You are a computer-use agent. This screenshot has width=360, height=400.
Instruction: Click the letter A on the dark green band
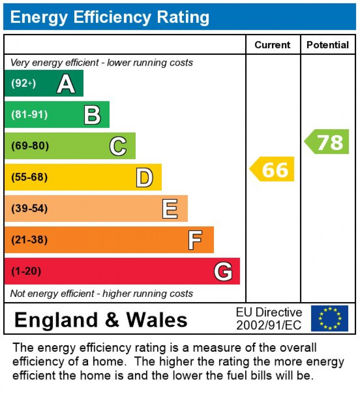66,84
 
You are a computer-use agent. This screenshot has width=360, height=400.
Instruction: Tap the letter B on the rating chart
92,115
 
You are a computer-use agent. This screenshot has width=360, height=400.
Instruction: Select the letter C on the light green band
118,146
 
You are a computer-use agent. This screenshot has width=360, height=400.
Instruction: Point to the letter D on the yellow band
144,178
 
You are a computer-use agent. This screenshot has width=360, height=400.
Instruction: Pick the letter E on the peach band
170,209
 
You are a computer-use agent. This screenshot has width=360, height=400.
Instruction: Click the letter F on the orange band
195,240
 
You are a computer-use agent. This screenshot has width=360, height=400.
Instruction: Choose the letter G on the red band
223,272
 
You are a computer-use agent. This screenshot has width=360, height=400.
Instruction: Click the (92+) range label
23,84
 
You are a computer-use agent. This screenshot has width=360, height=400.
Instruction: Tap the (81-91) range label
29,115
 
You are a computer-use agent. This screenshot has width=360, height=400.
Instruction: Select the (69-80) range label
30,146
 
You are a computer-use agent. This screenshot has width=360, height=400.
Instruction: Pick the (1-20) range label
26,271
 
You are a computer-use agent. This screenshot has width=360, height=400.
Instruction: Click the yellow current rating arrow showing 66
273,169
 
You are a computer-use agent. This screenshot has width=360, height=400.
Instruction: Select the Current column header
273,45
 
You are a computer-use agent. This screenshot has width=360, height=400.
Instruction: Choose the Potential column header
328,45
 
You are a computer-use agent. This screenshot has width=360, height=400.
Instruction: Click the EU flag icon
329,318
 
